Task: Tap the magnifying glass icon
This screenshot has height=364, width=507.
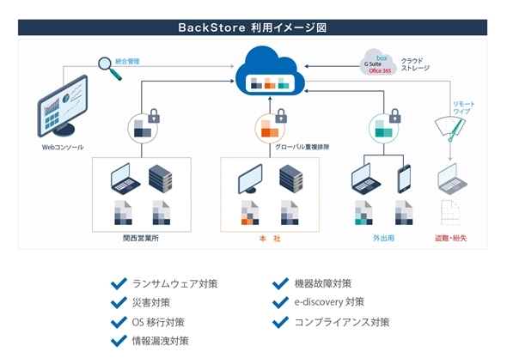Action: point(110,68)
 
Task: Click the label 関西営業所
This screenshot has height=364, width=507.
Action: point(141,239)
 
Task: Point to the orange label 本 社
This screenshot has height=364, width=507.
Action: point(270,239)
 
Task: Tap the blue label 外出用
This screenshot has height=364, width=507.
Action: point(383,239)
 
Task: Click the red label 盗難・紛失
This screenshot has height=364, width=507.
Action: point(450,239)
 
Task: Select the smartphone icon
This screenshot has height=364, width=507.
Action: point(404,179)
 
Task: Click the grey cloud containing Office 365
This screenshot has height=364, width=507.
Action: point(377,63)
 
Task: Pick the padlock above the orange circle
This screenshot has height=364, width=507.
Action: point(281,116)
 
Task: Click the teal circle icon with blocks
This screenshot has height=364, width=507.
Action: point(383,129)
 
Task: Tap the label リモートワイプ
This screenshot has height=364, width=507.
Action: point(463,107)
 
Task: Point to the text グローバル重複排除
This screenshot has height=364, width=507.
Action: point(302,147)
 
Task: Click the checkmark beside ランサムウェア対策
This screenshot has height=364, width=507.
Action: point(119,283)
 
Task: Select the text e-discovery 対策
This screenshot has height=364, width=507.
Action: point(329,302)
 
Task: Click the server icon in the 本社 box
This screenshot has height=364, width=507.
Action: point(291,179)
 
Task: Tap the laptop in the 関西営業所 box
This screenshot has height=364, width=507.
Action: point(125,179)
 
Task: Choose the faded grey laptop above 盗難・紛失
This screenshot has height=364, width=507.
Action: point(452,179)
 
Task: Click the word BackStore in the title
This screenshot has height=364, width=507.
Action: point(211,27)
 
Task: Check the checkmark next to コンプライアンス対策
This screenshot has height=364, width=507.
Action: point(280,322)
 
